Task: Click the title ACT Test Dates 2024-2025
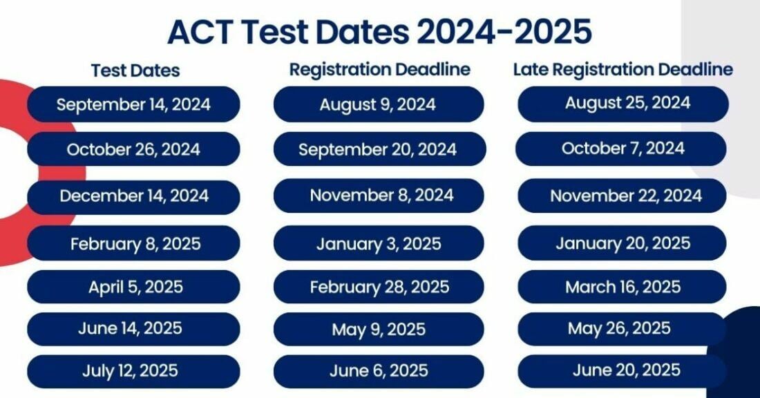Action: pos(379,32)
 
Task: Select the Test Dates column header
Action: pos(135,70)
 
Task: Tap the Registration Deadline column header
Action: pos(379,70)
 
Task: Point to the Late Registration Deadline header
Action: pos(623,70)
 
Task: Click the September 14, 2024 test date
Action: pos(134,104)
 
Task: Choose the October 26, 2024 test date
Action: pos(134,149)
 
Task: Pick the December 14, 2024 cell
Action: pos(134,196)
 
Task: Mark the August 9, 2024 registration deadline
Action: pos(378,104)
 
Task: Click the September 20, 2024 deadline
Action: pos(378,149)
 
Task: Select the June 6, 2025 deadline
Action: pos(378,371)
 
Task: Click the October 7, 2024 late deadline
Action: pos(622,149)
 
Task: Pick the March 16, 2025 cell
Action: pos(622,287)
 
